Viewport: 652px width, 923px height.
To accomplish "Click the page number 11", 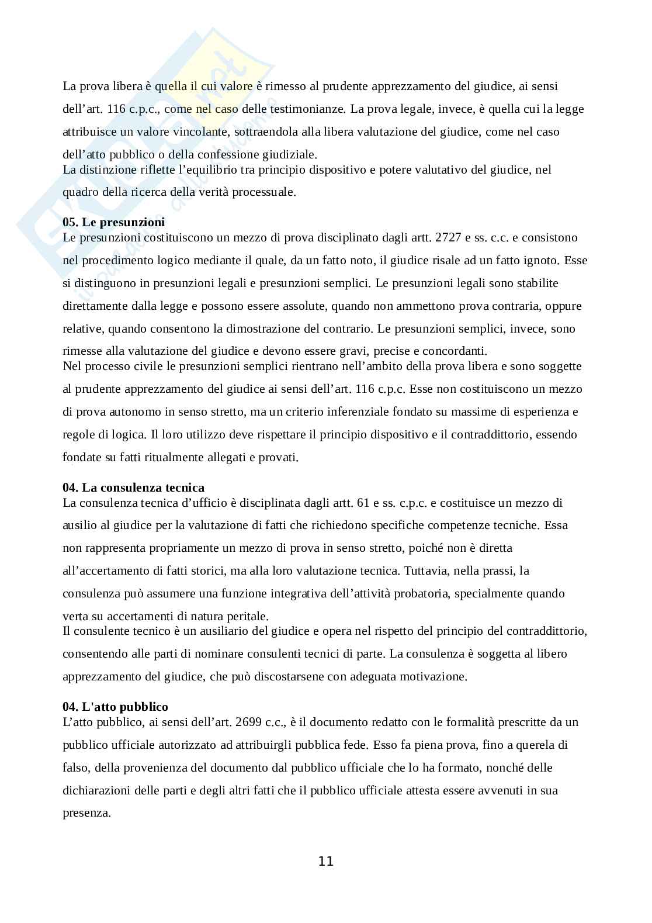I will [325, 861].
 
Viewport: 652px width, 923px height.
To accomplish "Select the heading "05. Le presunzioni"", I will [113, 223].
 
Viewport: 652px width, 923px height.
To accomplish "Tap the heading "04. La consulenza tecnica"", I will [133, 488].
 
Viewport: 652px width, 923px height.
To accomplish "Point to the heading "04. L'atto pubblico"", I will [115, 707].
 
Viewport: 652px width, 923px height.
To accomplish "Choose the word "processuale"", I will [263, 192].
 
